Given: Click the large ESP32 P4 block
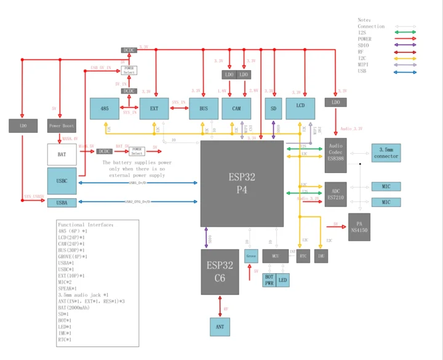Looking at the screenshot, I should coord(242,183).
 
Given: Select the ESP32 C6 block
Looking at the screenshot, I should coord(220,271).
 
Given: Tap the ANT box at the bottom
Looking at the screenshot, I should coord(220,326).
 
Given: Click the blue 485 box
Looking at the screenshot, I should coord(105,108).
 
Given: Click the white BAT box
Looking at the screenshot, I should coord(62,154).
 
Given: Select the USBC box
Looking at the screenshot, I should coord(62,182).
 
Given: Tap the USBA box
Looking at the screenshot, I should coord(62,202).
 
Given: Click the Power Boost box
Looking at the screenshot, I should coord(62,126).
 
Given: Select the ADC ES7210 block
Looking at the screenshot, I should coord(335,194).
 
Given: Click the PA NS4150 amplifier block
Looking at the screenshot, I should coord(359,226).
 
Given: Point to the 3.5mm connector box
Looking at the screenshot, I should coord(386,153).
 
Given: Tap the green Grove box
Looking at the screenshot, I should coord(250,255).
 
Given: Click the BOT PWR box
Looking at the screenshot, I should coord(269,280).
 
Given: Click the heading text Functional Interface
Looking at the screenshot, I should coord(82,225).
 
